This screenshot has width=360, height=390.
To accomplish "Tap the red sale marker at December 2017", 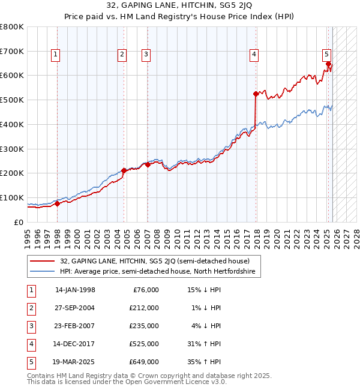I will (x=256, y=94).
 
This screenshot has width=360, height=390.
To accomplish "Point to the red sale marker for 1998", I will (x=57, y=203).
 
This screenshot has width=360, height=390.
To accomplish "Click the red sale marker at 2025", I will (x=328, y=64).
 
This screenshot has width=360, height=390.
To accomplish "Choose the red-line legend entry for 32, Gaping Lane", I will (x=150, y=261).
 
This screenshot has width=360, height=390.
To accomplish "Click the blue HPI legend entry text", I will (x=157, y=272).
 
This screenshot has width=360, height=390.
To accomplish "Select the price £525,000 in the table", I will (x=143, y=344).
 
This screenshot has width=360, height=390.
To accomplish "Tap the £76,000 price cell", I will (x=145, y=290).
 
